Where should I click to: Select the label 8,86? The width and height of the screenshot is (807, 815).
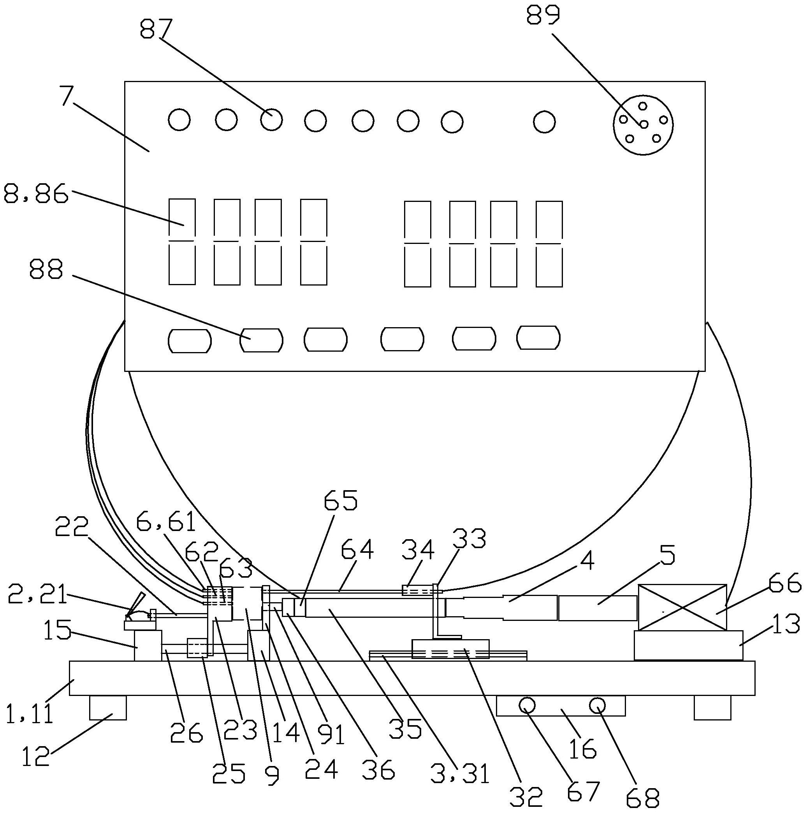click(x=36, y=195)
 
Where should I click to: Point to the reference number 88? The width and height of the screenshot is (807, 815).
click(x=46, y=269)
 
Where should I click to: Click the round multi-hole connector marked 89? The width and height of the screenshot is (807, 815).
click(x=643, y=125)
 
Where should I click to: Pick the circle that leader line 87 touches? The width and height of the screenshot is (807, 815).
click(x=271, y=120)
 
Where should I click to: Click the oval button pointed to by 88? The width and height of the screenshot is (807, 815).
click(x=261, y=340)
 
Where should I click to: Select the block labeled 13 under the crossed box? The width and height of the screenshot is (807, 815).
click(x=688, y=645)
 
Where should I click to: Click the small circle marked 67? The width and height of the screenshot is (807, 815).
click(x=527, y=705)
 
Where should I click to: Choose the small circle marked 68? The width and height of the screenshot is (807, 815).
click(x=598, y=705)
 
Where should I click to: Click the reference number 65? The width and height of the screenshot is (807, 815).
click(x=341, y=500)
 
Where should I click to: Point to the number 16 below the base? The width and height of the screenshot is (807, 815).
click(x=582, y=748)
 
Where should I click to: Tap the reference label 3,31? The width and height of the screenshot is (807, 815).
click(x=460, y=774)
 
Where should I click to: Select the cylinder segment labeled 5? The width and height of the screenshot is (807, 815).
click(x=597, y=608)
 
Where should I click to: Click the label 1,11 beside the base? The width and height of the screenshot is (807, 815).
click(x=30, y=713)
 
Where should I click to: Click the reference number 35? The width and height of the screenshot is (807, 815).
click(x=405, y=728)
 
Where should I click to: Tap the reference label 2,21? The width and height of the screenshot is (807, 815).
click(x=37, y=594)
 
